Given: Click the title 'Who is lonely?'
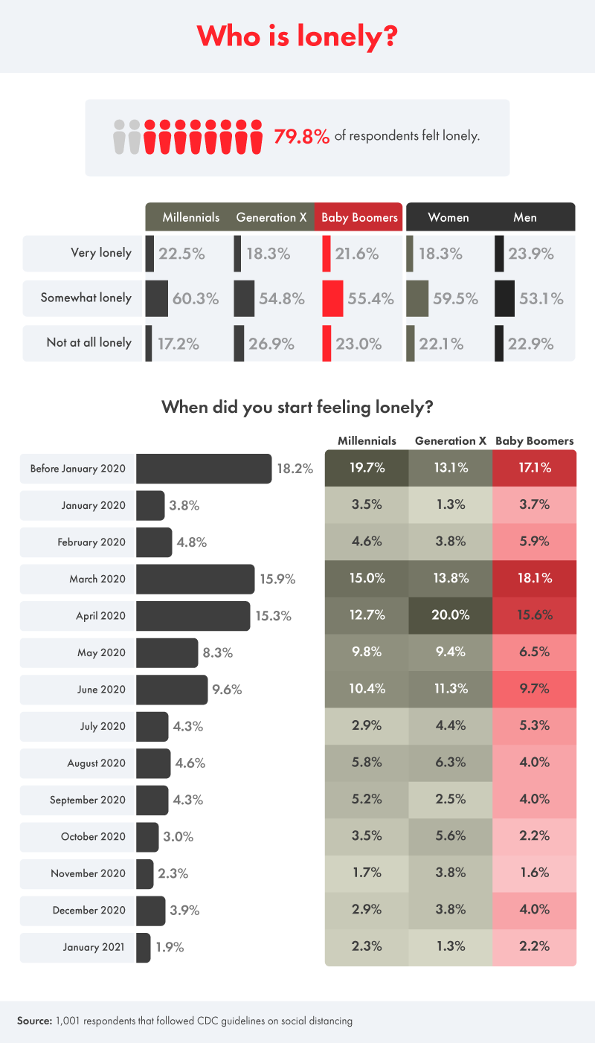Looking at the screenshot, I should click(x=297, y=36).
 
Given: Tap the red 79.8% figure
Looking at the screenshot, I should click(x=302, y=137).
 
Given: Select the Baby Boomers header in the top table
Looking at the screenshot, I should click(x=358, y=217).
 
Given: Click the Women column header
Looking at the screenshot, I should click(x=448, y=217).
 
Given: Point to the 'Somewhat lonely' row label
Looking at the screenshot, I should click(x=88, y=298).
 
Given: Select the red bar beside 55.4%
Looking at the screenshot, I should click(x=332, y=298).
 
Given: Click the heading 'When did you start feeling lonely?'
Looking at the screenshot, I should click(x=297, y=407).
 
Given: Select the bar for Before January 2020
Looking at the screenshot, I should click(x=204, y=469).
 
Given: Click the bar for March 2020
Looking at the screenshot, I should click(x=195, y=579).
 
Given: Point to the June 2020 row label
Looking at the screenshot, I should click(x=102, y=690).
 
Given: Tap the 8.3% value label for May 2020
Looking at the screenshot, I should click(x=217, y=653).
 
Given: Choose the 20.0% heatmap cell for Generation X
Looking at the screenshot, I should click(x=451, y=615).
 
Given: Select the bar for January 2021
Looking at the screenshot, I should click(x=144, y=948).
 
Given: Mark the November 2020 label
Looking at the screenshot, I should click(x=89, y=873).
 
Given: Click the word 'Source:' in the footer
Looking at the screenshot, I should click(x=34, y=1021).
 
